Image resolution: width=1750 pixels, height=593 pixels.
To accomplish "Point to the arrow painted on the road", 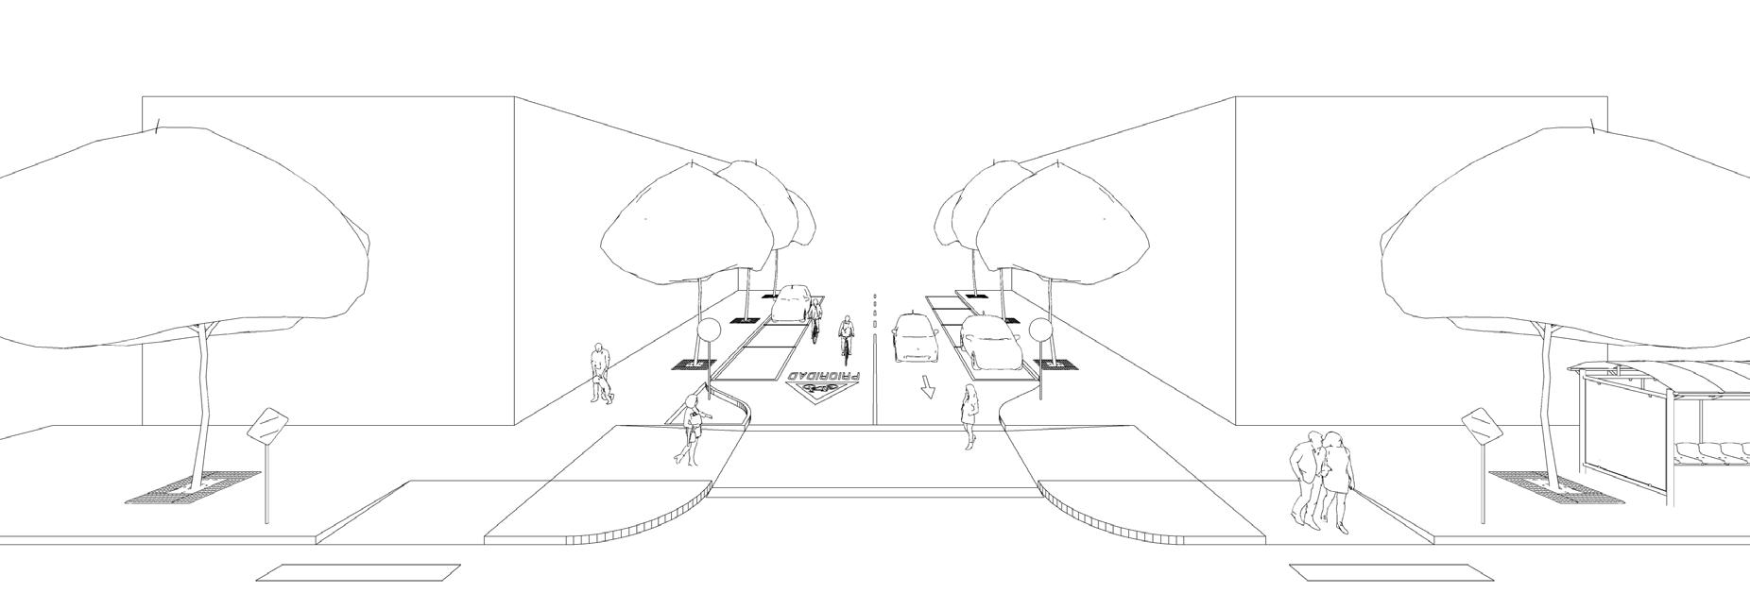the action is tap(929, 386).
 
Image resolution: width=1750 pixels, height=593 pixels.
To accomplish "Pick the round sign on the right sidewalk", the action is tap(1039, 330).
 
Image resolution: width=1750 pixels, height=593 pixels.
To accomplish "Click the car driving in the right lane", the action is tap(914, 338).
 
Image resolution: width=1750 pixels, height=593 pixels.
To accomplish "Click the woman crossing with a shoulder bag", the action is tap(691, 430).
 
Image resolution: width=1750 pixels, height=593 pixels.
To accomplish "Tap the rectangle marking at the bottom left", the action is tap(358, 572).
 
